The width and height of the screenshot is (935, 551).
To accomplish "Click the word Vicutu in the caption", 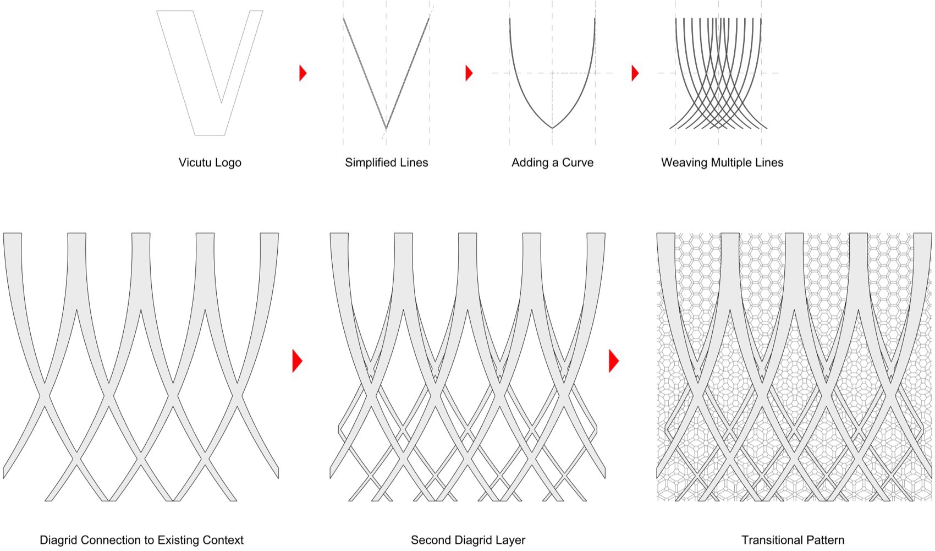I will (196, 162).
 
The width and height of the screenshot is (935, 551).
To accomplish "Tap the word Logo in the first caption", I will (228, 163).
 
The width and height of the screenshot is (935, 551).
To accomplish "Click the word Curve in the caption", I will (577, 162).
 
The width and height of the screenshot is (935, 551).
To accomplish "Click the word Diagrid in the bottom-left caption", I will (58, 541).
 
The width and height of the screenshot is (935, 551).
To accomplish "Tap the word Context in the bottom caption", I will (223, 541).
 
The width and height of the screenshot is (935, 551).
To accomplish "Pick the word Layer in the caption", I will (510, 541).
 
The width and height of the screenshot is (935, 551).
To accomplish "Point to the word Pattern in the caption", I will (824, 541).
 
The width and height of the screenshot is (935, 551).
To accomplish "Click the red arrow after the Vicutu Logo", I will (302, 73).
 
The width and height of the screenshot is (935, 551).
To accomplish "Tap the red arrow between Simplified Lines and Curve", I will (469, 73).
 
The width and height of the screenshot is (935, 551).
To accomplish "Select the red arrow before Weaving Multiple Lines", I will (635, 73).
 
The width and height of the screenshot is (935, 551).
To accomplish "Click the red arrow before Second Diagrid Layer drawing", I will (297, 361).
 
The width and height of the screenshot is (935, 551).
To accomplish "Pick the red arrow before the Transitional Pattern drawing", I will (614, 361).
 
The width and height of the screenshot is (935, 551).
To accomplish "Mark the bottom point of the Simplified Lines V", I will (386, 128).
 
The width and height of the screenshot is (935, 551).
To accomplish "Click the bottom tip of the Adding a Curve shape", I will (552, 128).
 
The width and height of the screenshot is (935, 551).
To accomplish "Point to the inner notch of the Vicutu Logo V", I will (221, 102).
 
